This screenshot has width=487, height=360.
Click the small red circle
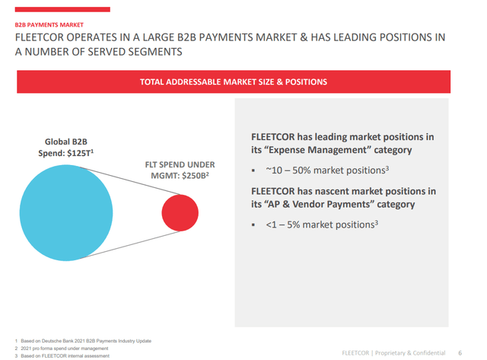(181, 212)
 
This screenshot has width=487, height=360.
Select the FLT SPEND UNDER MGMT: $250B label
(180, 171)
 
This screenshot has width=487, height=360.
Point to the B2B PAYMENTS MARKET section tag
(46, 24)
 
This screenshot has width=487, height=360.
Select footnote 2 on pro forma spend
(62, 348)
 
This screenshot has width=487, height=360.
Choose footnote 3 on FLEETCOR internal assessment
(65, 355)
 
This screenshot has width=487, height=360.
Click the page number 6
(460, 353)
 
